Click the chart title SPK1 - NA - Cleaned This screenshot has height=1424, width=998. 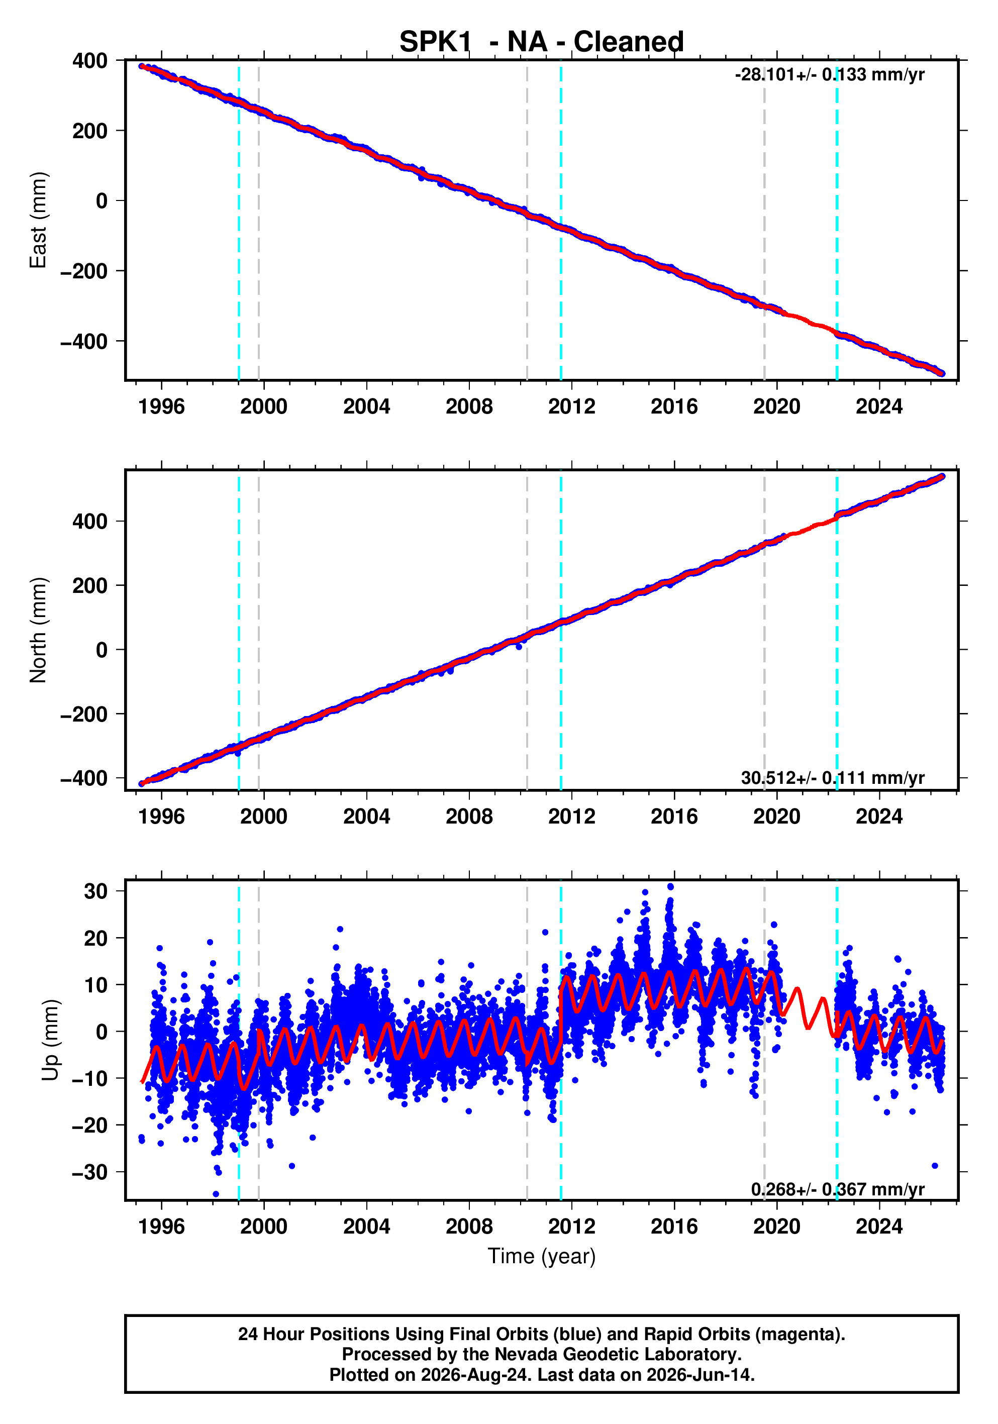(x=542, y=42)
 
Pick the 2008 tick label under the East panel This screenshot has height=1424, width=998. (x=469, y=407)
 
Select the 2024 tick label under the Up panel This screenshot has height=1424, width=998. (x=879, y=1227)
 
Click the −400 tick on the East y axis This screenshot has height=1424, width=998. (x=84, y=341)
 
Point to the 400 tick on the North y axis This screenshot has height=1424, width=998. (x=90, y=522)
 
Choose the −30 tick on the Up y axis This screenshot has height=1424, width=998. (x=90, y=1172)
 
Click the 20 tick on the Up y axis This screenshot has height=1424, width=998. (x=96, y=939)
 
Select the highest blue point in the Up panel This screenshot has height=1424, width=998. (x=670, y=887)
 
